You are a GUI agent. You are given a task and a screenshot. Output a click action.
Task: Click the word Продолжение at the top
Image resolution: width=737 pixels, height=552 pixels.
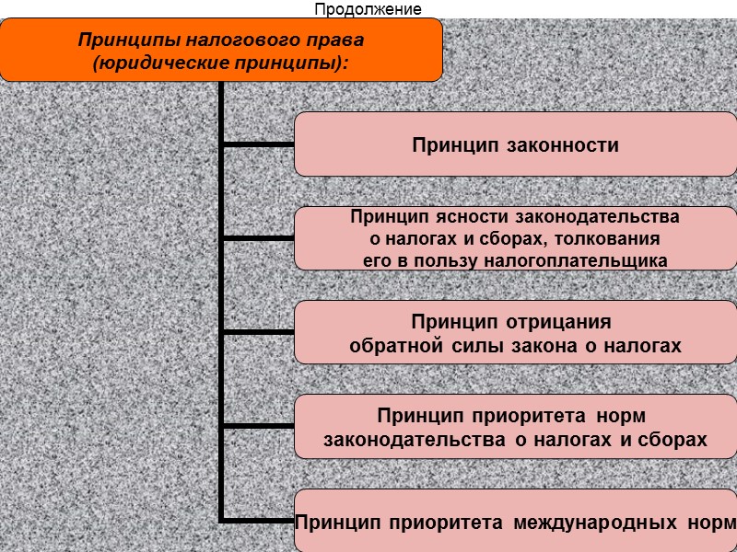tap(368, 10)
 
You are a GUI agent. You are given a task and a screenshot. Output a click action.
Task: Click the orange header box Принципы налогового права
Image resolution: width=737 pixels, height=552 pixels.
tap(221, 50)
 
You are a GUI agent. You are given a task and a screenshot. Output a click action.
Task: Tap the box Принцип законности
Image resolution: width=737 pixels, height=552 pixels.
tap(516, 144)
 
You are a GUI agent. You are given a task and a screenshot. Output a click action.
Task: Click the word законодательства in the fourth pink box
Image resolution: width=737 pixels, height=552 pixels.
tap(415, 441)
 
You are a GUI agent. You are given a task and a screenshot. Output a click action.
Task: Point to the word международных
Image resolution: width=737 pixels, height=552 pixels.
tap(591, 523)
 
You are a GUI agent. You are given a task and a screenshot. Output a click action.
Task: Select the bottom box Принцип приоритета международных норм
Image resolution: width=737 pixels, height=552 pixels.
tap(516, 522)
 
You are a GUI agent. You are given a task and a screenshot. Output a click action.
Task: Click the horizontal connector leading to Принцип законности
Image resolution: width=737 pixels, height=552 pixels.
tap(259, 144)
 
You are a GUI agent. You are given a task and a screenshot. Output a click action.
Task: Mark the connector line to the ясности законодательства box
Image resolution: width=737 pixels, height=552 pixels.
tap(259, 238)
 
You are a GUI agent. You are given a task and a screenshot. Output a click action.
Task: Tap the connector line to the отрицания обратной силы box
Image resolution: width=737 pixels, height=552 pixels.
tap(259, 332)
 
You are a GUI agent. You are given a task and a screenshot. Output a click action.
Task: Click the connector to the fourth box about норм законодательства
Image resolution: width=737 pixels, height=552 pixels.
tap(259, 426)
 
